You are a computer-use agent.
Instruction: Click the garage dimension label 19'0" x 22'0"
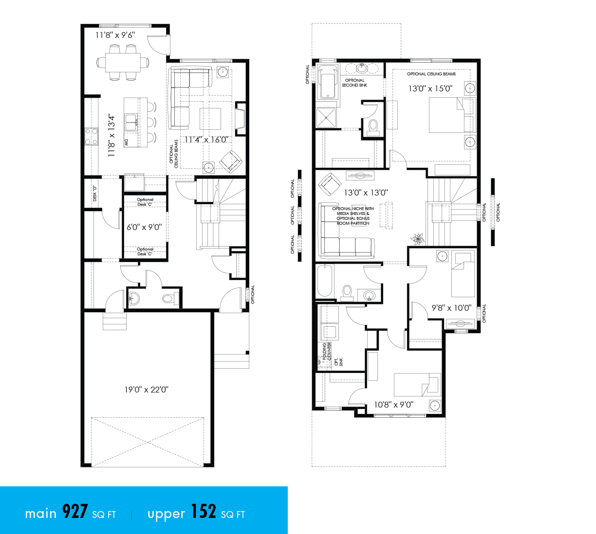coord(146,390)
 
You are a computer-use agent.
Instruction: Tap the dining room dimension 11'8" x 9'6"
coord(115,35)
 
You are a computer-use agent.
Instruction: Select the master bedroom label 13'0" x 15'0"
coord(430,89)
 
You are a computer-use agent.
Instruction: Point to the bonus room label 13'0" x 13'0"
coord(366,193)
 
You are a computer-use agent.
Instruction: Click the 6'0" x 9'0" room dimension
coord(144,227)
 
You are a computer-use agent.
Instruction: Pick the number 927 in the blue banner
coord(75,512)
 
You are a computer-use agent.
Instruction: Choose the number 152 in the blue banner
coord(203,512)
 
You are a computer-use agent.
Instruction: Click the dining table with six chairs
coord(123,62)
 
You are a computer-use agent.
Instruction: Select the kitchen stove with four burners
coord(91,136)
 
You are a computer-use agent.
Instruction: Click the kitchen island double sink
coord(131,122)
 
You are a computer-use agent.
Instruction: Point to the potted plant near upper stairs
coord(418,239)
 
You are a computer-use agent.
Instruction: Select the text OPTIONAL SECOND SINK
coord(354,83)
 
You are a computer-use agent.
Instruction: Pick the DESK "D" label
coord(95,194)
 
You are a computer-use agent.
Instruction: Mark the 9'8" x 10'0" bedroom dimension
coord(451,308)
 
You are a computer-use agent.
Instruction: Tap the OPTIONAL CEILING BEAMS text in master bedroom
coord(431,74)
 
